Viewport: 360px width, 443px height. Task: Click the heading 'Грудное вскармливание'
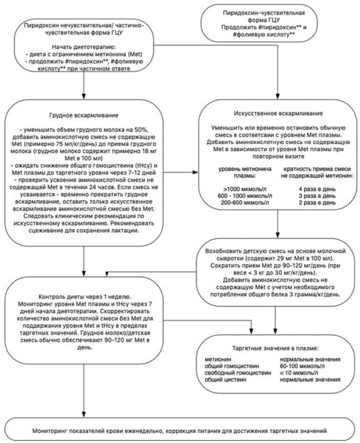click(84, 115)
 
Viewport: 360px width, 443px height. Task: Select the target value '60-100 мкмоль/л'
click(303, 366)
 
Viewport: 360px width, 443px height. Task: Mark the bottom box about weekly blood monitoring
click(180, 430)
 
